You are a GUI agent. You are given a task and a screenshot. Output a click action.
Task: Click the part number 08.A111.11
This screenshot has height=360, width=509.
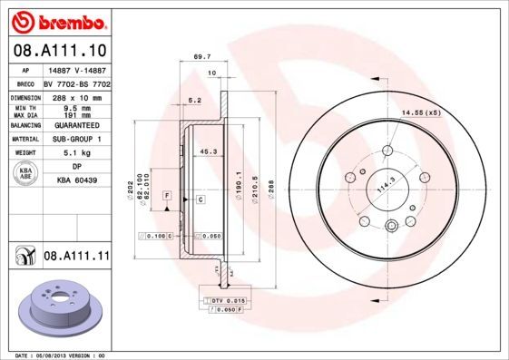pyautogui.click(x=76, y=257)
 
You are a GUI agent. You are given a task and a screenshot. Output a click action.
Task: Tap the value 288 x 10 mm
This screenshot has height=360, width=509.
pyautogui.click(x=76, y=95)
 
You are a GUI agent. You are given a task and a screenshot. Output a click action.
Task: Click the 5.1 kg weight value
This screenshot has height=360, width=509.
pyautogui.click(x=76, y=153)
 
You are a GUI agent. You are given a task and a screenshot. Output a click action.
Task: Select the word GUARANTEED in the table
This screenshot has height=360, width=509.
pyautogui.click(x=76, y=126)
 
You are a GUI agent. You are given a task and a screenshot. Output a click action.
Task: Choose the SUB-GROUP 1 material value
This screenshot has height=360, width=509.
pyautogui.click(x=76, y=140)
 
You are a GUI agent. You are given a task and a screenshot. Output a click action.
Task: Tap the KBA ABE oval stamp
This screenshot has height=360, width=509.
pyautogui.click(x=26, y=174)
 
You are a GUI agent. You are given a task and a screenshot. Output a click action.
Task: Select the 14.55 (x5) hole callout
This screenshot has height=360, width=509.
pyautogui.click(x=419, y=112)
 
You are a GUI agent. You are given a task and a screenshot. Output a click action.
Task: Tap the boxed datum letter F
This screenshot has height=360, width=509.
pyautogui.click(x=168, y=196)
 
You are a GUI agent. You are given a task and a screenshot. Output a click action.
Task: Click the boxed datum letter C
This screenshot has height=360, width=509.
pyautogui.click(x=199, y=197)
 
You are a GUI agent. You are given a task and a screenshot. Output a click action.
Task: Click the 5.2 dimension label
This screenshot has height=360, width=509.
pyautogui.click(x=193, y=101)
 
